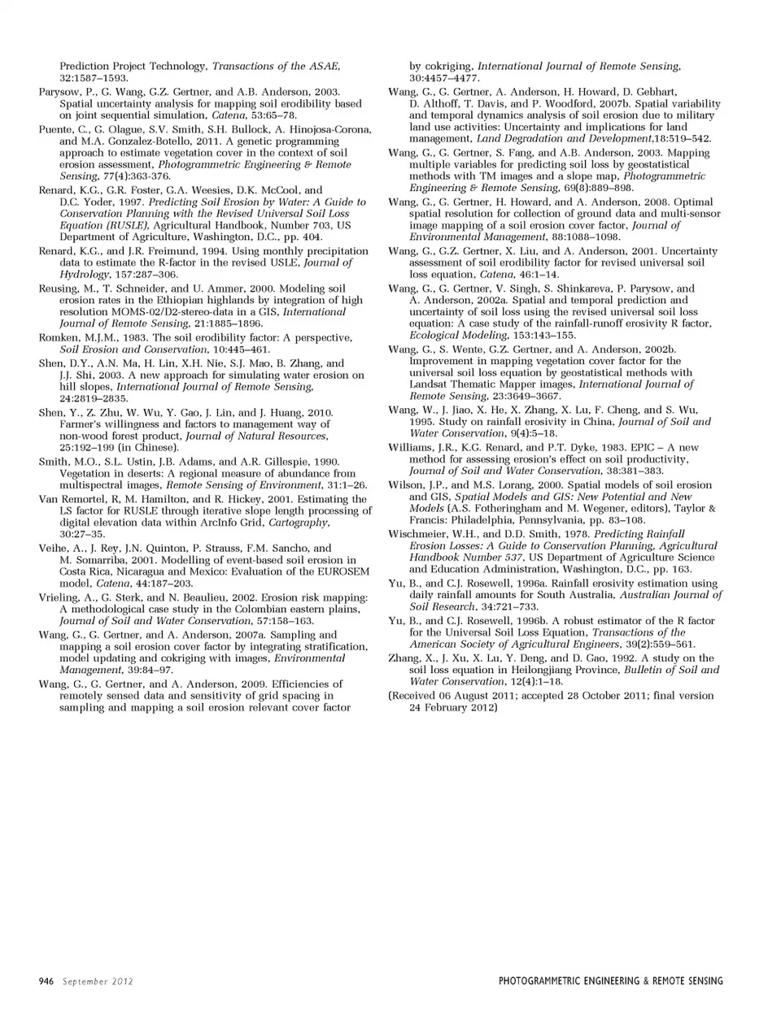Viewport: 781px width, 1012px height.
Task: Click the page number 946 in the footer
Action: pyautogui.click(x=46, y=981)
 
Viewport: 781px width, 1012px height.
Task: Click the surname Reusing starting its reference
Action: pyautogui.click(x=58, y=289)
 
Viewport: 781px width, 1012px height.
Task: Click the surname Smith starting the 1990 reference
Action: pyautogui.click(x=54, y=462)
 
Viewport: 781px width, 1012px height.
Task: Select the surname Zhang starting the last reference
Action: pyautogui.click(x=405, y=658)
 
